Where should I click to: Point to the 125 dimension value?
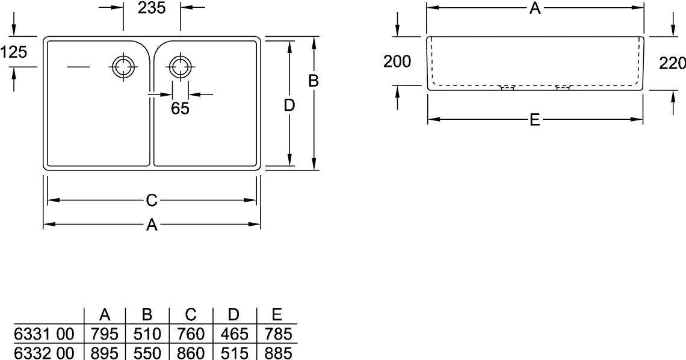tap(14, 52)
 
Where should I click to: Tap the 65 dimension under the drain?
tap(180, 108)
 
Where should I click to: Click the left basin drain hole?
tap(123, 67)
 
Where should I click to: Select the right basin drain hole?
tap(179, 67)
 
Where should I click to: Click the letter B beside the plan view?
tap(314, 81)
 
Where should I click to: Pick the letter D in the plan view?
tap(289, 105)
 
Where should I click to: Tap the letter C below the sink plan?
tap(152, 201)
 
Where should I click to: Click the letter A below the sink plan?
tap(152, 225)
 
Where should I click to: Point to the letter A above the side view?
tap(535, 8)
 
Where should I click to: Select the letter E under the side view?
tap(534, 120)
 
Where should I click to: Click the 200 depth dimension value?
tap(397, 61)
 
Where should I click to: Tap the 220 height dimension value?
tap(672, 64)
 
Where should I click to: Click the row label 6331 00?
tap(44, 334)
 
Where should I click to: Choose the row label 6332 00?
tap(44, 353)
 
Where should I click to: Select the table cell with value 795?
tap(105, 334)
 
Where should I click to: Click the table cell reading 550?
tap(147, 353)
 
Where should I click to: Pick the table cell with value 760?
tap(191, 334)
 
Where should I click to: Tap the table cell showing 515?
tap(234, 353)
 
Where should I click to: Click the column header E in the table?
tap(276, 314)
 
